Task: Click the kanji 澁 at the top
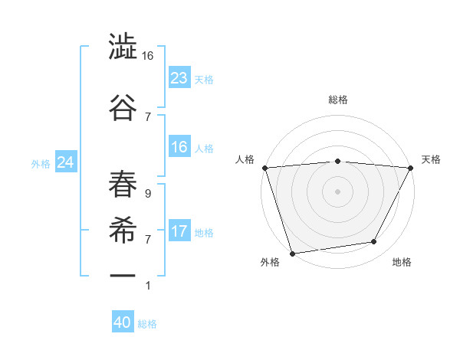tap(123, 47)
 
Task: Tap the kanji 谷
tap(123, 106)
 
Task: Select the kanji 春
tap(123, 185)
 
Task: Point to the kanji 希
tap(123, 230)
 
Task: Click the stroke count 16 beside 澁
tap(148, 56)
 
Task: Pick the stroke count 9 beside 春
tap(148, 194)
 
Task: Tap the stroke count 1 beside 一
tap(148, 286)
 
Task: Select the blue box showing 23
tap(179, 77)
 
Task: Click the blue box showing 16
tap(179, 147)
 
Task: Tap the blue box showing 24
tap(65, 162)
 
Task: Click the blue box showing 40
tap(123, 323)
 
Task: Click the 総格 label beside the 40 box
tap(147, 324)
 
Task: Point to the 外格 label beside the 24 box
tap(41, 163)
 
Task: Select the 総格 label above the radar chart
tap(337, 100)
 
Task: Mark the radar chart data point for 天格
tap(412, 168)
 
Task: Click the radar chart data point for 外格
tap(292, 253)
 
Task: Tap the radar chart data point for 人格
tap(264, 168)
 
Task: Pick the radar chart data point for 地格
tap(374, 242)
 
